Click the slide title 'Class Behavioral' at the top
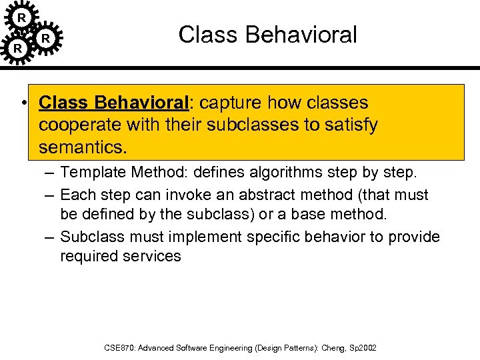pos(267,35)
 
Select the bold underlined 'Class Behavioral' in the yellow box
pos(114,103)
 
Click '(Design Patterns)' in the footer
pos(282,348)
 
